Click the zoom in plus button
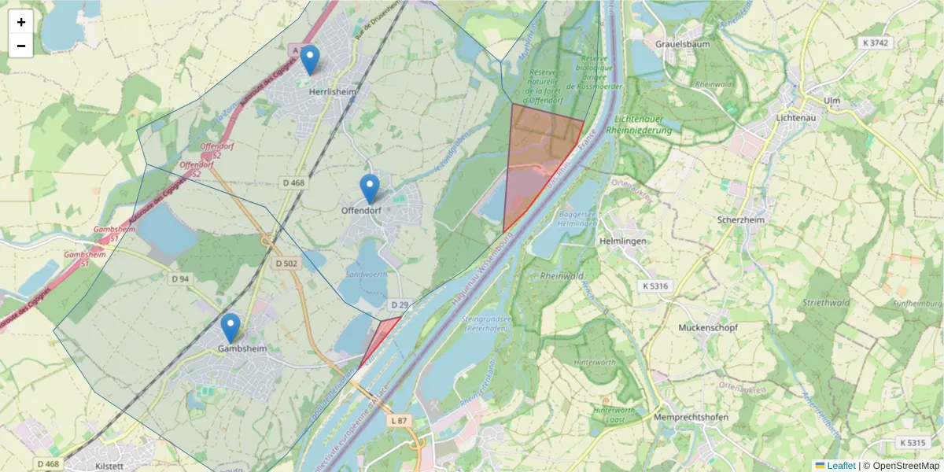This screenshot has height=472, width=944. pyautogui.click(x=21, y=22)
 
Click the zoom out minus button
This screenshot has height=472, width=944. pyautogui.click(x=21, y=46)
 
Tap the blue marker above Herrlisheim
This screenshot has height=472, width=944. pyautogui.click(x=310, y=60)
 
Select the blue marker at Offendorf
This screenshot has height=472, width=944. pyautogui.click(x=370, y=189)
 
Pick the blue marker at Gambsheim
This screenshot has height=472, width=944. pyautogui.click(x=230, y=327)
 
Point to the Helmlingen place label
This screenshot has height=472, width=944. pyautogui.click(x=622, y=241)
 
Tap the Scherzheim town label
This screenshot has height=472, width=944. pyautogui.click(x=741, y=220)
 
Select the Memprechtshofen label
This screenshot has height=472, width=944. pyautogui.click(x=691, y=417)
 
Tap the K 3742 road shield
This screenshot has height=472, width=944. pyautogui.click(x=874, y=43)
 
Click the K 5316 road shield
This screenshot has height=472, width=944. pyautogui.click(x=654, y=286)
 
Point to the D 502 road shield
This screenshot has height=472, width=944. pyautogui.click(x=286, y=264)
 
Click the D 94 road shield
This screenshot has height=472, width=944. pyautogui.click(x=180, y=278)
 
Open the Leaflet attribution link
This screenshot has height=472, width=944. pyautogui.click(x=840, y=466)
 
